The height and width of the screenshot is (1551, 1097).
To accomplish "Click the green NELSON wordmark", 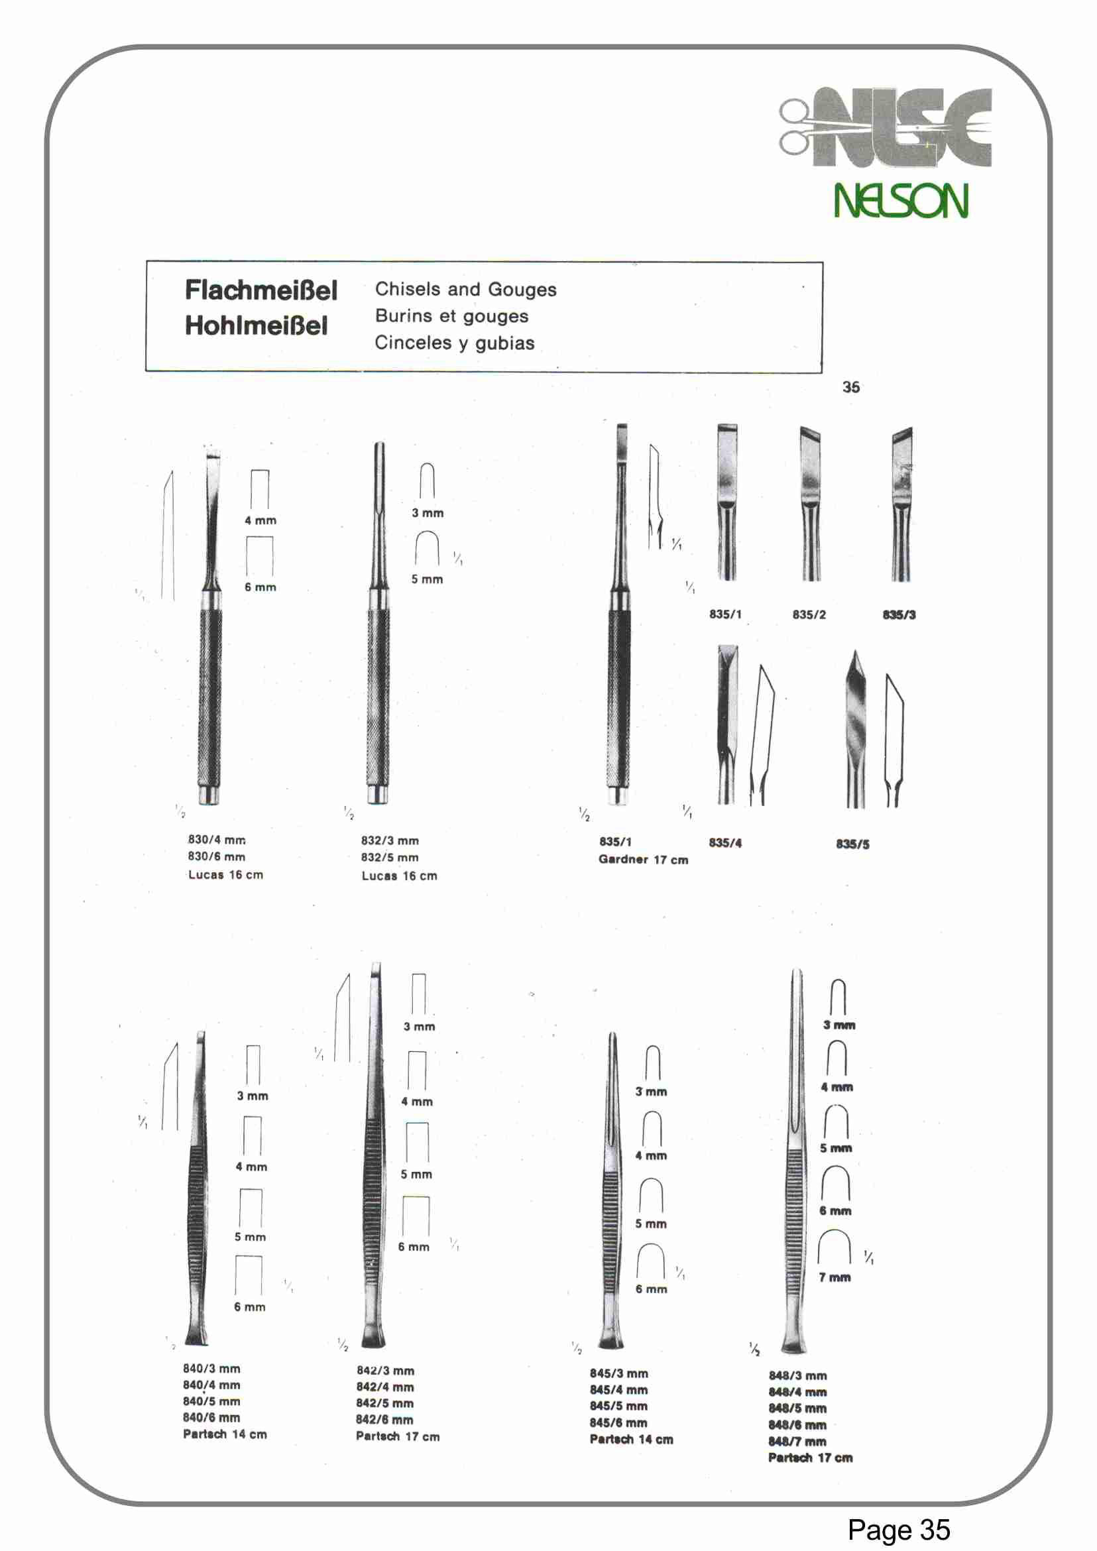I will tap(900, 201).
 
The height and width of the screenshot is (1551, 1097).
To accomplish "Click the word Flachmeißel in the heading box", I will tap(260, 290).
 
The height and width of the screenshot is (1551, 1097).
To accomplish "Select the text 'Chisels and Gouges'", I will tap(465, 289).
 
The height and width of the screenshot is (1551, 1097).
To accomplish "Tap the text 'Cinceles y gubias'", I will tap(454, 343).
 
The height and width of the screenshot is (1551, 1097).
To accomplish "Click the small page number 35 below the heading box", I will tap(850, 387).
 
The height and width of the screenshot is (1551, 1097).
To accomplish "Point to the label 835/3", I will tap(898, 614).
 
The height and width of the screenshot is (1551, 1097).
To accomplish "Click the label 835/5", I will tap(852, 844).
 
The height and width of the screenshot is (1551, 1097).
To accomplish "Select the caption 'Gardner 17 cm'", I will tap(642, 859).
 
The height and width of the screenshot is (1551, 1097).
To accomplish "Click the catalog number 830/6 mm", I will tap(216, 856).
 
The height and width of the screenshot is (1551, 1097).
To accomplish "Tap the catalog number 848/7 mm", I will tap(797, 1442).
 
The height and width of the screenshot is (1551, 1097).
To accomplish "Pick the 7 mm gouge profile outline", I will tap(835, 1246).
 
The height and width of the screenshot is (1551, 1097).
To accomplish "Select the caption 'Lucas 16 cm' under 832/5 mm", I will tap(398, 876).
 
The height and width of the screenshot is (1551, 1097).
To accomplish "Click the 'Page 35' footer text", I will tap(898, 1529).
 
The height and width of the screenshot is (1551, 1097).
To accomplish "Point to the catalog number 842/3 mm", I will tap(385, 1371).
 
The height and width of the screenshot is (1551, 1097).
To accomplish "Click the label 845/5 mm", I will tap(618, 1406).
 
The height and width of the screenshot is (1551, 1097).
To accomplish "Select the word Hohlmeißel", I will tap(256, 326).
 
